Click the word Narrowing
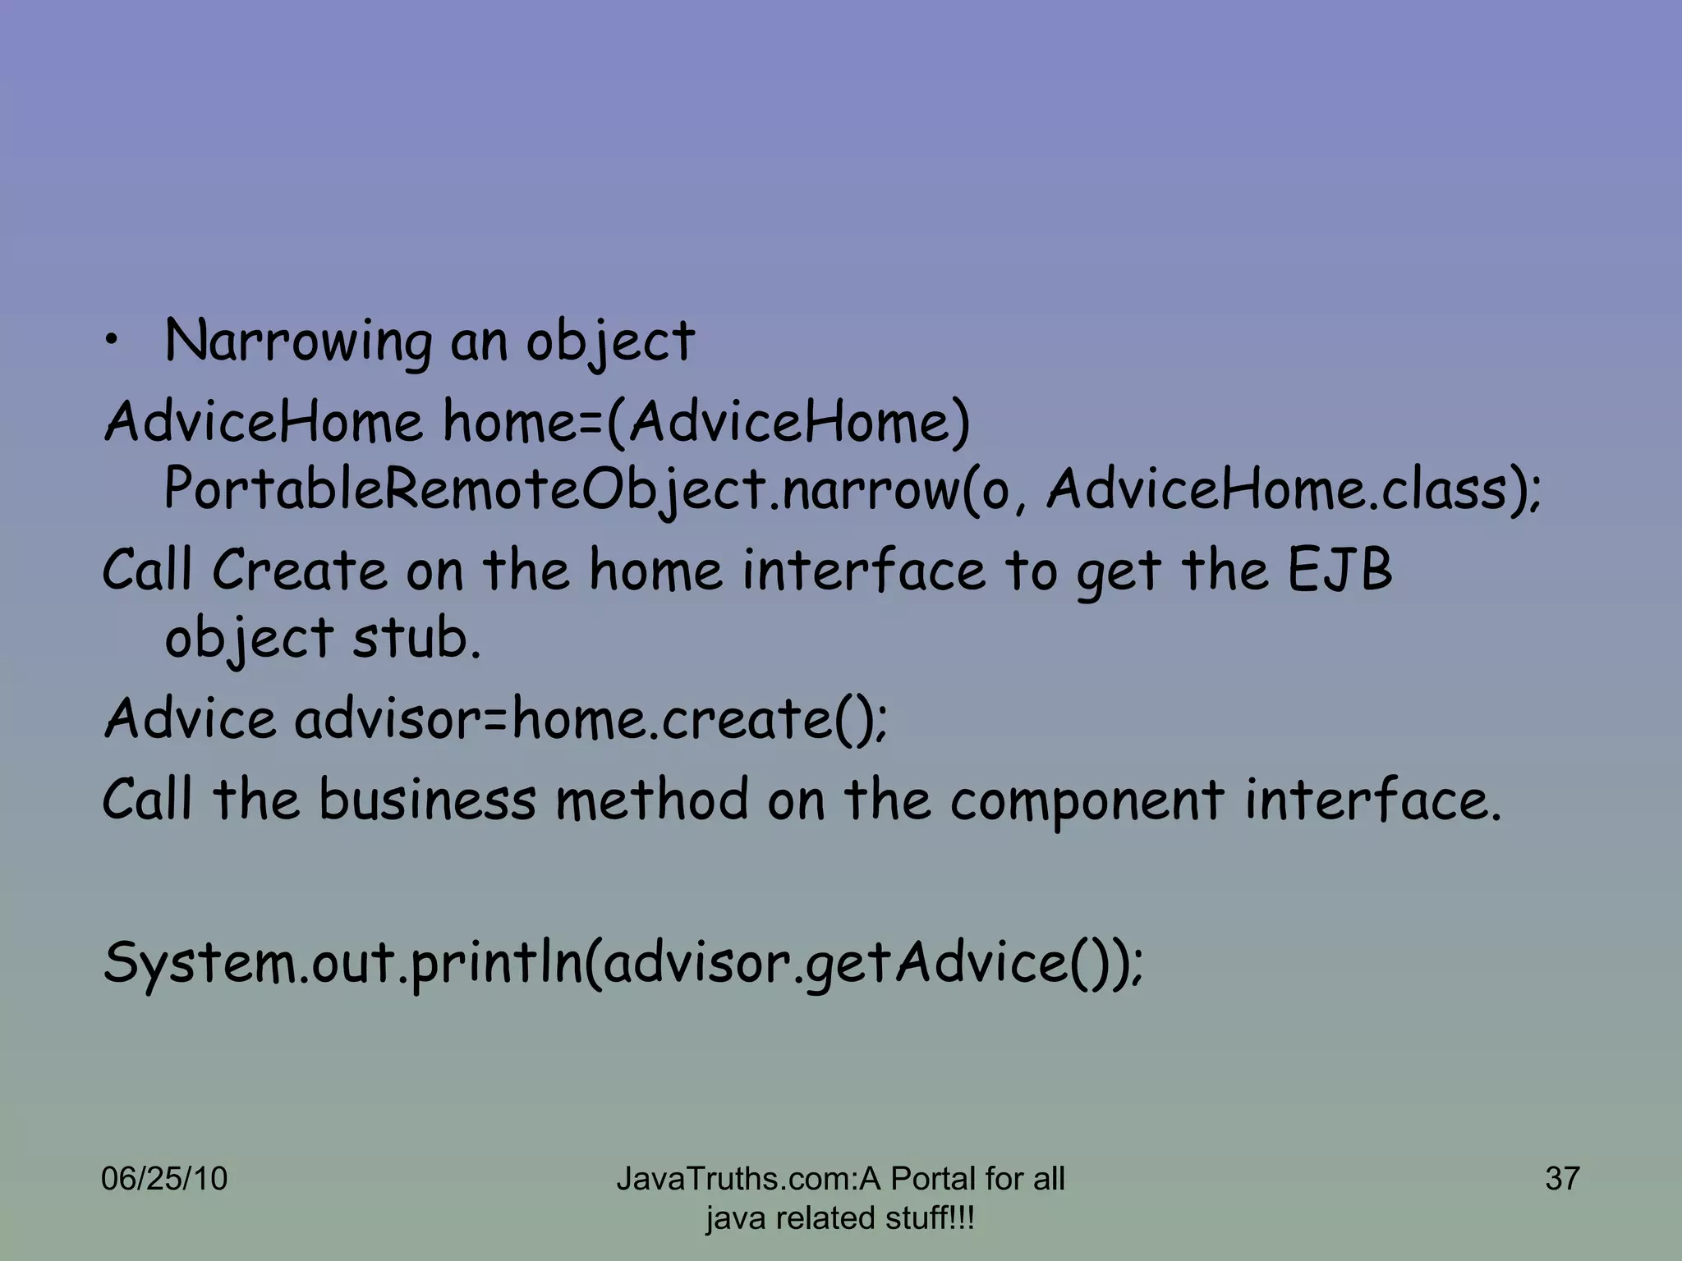(x=297, y=342)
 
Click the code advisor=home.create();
(x=591, y=718)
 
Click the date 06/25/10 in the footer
(x=164, y=1179)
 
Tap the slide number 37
(x=1562, y=1179)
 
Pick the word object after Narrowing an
(x=610, y=342)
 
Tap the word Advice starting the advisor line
(x=190, y=718)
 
